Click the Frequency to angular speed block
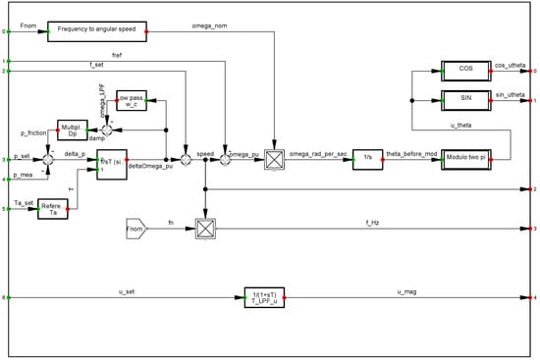pos(97,32)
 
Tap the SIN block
pos(465,100)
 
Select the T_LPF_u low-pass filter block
pos(264,297)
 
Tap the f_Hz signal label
pos(376,224)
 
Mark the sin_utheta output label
pos(510,94)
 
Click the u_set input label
pos(126,291)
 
